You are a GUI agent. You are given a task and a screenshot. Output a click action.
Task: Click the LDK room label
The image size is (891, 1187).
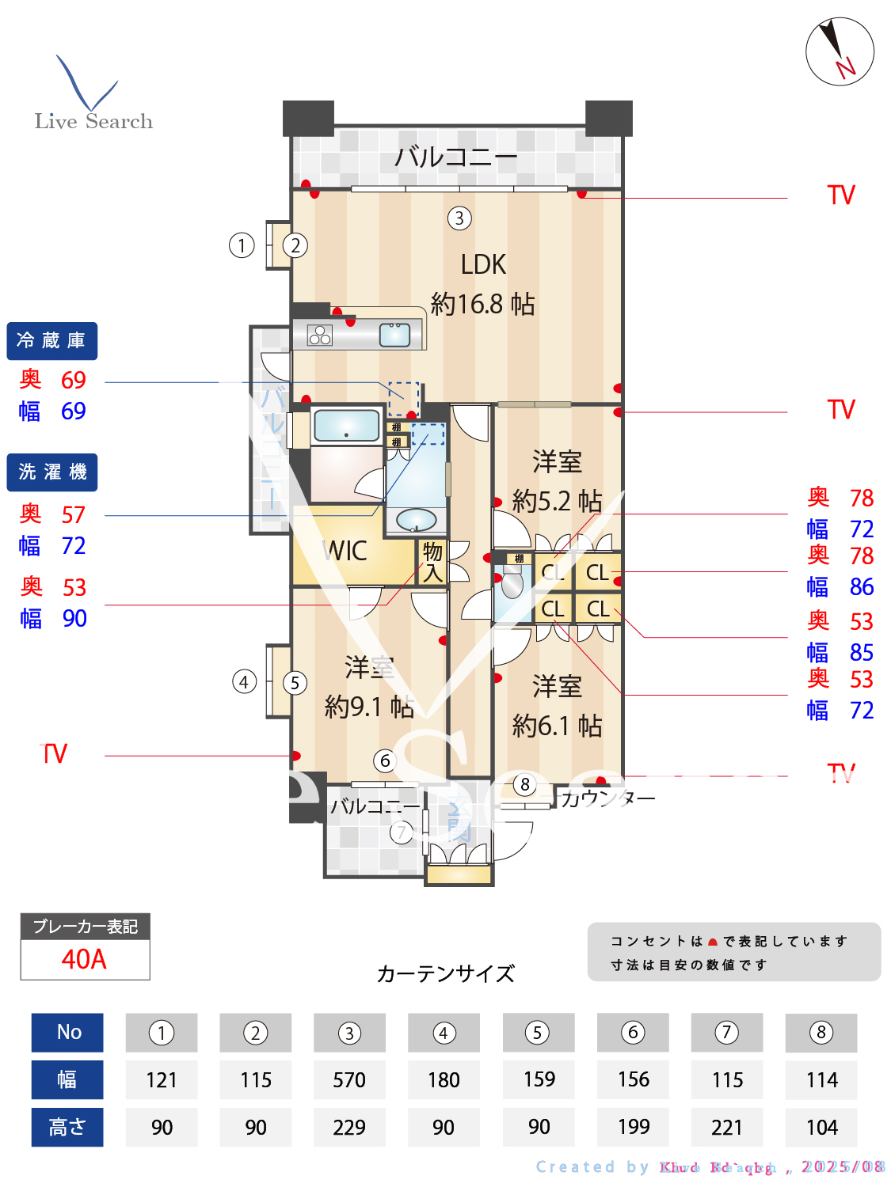(x=483, y=265)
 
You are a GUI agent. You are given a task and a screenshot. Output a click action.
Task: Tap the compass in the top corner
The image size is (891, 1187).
(x=840, y=51)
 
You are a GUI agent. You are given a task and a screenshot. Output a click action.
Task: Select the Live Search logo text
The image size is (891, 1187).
(x=93, y=121)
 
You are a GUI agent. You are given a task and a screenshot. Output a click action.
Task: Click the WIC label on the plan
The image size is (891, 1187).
(x=345, y=551)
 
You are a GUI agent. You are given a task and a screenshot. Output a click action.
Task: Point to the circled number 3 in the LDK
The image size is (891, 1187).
(x=459, y=218)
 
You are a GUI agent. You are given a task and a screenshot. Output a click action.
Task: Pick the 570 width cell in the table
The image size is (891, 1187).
(x=349, y=1080)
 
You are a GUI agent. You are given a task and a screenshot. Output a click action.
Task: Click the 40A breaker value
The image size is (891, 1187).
(x=84, y=959)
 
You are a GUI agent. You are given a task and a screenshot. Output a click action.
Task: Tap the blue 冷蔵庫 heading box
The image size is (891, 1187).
(x=51, y=341)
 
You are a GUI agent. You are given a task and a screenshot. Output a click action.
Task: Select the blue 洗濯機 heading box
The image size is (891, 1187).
(x=51, y=472)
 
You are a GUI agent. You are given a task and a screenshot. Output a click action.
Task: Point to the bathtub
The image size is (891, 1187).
(x=347, y=426)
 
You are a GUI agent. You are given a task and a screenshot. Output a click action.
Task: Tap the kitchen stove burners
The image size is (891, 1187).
(x=320, y=336)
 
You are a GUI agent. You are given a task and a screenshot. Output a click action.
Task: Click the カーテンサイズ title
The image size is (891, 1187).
(x=445, y=973)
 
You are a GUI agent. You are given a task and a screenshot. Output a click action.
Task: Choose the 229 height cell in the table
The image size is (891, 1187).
(x=349, y=1127)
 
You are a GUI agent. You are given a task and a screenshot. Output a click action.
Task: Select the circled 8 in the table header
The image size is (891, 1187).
(x=821, y=1033)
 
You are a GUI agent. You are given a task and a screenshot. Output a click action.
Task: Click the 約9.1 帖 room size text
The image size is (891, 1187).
(x=369, y=706)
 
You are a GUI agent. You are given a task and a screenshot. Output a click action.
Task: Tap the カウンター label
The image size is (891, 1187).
(x=608, y=798)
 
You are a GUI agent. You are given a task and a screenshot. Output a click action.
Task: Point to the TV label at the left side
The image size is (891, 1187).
(x=55, y=754)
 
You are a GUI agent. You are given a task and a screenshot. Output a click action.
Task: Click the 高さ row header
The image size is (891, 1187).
(x=67, y=1127)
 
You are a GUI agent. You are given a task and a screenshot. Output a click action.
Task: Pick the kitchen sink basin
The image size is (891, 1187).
(x=394, y=336)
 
